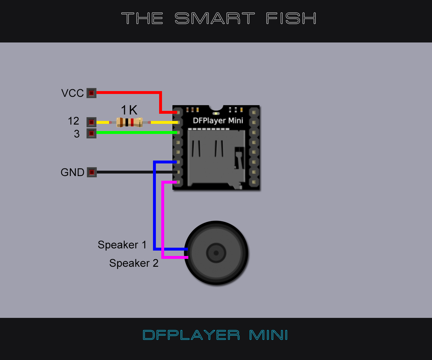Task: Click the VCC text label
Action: click(72, 93)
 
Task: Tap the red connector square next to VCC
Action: click(91, 93)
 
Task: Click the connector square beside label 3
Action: click(91, 134)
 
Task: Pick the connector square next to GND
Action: click(91, 172)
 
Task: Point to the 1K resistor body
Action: click(130, 122)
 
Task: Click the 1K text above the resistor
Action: click(129, 110)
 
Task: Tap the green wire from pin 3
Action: click(137, 132)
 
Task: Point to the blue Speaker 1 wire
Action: click(154, 209)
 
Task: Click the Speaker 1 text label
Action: click(122, 245)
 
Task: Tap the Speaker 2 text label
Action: click(134, 263)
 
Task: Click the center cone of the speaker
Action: click(216, 253)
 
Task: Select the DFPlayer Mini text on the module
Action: click(218, 120)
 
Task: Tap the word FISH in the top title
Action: click(292, 18)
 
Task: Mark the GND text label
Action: click(72, 172)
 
